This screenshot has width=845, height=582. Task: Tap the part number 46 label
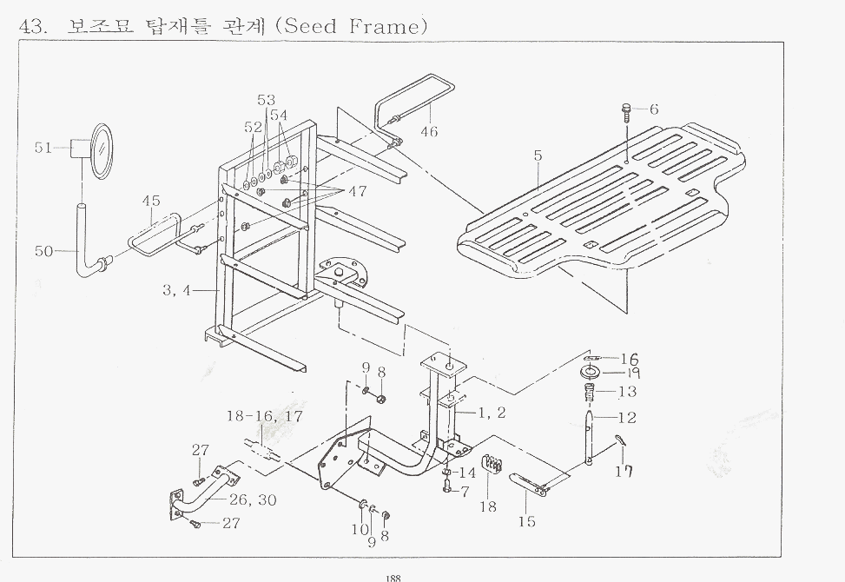[429, 132]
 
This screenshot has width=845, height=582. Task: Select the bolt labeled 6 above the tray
[626, 110]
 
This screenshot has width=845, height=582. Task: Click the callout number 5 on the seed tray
[538, 156]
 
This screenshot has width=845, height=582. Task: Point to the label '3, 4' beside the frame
[175, 291]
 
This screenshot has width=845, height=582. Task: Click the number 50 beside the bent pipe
[43, 251]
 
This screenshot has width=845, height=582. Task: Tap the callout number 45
[151, 202]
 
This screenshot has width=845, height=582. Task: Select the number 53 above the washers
[266, 101]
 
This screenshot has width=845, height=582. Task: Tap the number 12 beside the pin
[626, 418]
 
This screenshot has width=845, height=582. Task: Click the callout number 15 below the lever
[526, 522]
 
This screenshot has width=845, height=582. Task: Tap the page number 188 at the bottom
[392, 574]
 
